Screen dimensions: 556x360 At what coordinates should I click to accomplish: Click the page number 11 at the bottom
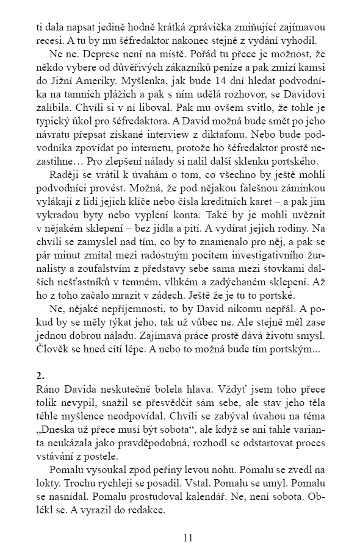(187, 538)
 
